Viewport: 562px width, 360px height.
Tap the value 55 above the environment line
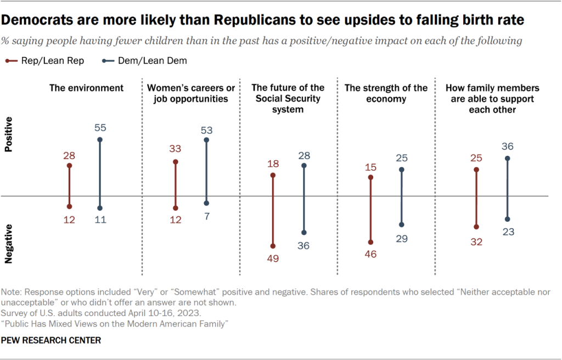pyautogui.click(x=99, y=128)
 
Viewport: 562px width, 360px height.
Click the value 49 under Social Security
pyautogui.click(x=273, y=257)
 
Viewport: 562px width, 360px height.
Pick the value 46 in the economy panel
pyautogui.click(x=371, y=254)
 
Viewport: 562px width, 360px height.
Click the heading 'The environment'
pyautogui.click(x=86, y=88)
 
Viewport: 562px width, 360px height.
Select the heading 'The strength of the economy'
pyautogui.click(x=385, y=93)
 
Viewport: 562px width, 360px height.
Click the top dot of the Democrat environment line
pyautogui.click(x=100, y=139)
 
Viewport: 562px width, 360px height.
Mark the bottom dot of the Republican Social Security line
pyautogui.click(x=273, y=246)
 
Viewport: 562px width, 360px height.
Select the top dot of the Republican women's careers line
pyautogui.click(x=176, y=162)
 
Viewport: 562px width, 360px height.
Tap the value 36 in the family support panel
pyautogui.click(x=507, y=147)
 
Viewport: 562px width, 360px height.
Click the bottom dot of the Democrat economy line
pyautogui.click(x=401, y=224)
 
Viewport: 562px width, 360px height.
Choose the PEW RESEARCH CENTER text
pyautogui.click(x=52, y=340)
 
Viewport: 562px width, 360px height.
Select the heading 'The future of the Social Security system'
pyautogui.click(x=288, y=99)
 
